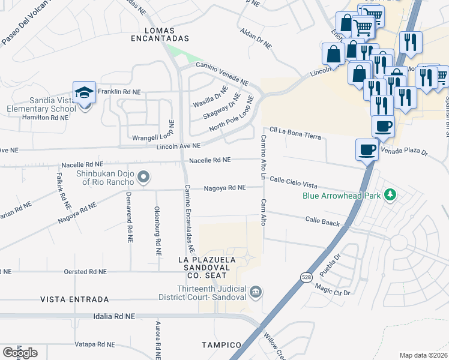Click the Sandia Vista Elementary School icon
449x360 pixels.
85,92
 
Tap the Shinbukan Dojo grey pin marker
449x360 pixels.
143,177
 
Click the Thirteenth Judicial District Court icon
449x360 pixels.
256,292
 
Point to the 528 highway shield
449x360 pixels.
306,277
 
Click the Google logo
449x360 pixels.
20,353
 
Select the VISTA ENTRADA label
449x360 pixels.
74,299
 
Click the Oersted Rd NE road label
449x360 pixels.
85,272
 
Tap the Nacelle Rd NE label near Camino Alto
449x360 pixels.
209,160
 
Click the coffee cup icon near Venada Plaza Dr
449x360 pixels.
367,149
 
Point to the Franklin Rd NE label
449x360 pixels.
119,92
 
